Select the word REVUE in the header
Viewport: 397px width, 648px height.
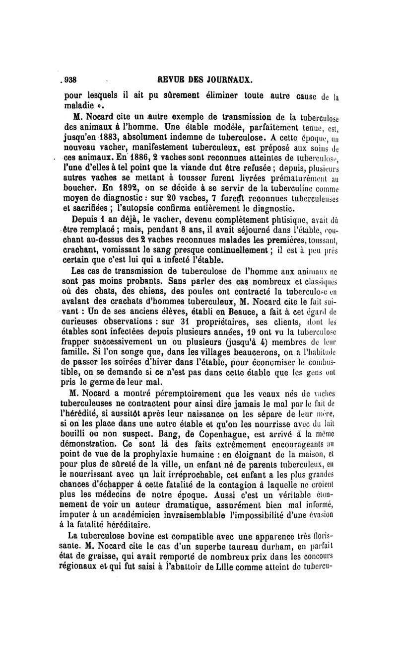click(x=170, y=79)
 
